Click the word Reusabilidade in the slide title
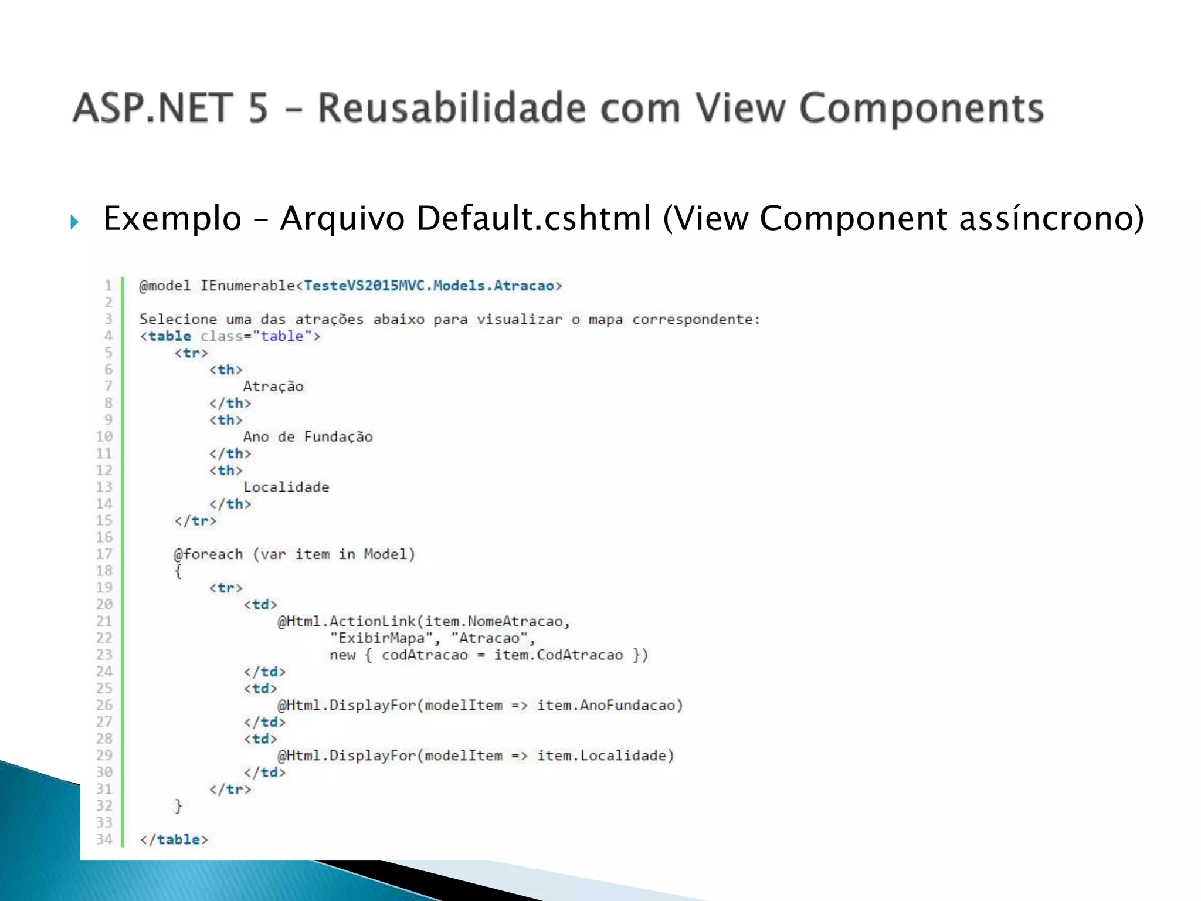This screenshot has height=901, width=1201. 452,109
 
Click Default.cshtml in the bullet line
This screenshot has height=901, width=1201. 534,218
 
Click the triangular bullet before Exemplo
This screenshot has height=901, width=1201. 74,222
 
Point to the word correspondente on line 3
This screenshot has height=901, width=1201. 696,320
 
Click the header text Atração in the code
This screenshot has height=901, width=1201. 273,387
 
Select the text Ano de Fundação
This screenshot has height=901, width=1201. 308,437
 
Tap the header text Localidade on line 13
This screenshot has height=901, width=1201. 286,487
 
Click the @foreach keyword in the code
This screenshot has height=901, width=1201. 208,554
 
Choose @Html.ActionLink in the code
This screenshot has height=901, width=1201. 347,621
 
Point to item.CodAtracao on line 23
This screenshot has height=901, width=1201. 558,655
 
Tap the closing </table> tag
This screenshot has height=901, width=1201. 174,839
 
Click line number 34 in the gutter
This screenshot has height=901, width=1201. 104,839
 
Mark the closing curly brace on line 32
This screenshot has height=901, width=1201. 178,806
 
